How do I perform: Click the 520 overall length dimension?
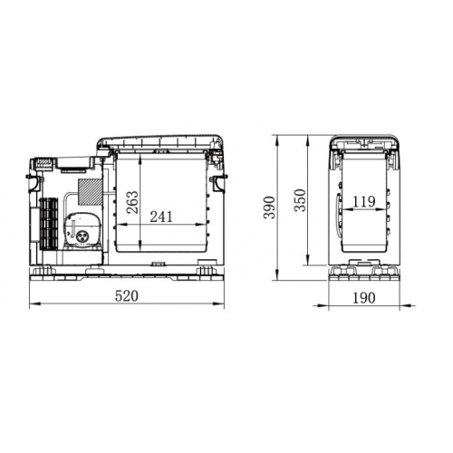click(x=127, y=296)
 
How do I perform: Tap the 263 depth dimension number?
click(x=132, y=202)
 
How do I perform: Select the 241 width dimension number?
click(x=161, y=217)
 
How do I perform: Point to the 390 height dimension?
click(x=269, y=207)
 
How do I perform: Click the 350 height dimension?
click(x=300, y=200)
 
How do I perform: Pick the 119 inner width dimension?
click(x=364, y=201)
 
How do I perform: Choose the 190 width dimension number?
click(x=364, y=298)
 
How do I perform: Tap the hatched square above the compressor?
click(x=90, y=191)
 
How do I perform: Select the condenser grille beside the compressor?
click(x=48, y=224)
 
